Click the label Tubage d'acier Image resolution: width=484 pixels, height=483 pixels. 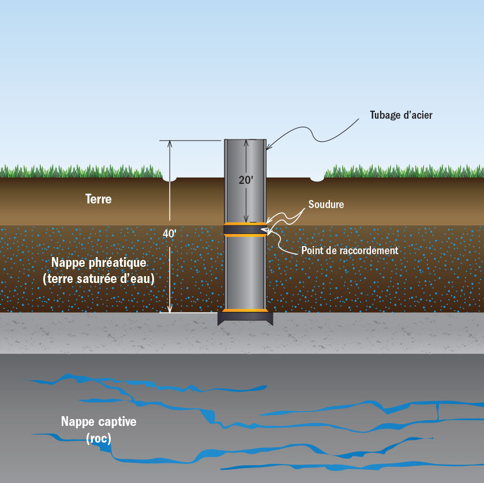click(401, 115)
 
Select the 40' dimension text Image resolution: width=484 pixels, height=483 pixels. click(170, 235)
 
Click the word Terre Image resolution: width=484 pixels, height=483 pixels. click(98, 199)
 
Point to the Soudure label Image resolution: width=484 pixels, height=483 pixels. click(326, 205)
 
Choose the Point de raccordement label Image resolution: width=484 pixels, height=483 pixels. click(350, 251)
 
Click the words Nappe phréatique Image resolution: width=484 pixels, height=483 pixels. click(99, 263)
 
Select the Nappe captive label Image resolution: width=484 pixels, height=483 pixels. click(99, 421)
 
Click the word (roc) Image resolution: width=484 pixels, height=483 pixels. click(99, 438)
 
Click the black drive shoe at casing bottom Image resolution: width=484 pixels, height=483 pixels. click(245, 318)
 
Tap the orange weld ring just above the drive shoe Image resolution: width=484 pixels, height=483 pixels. click(245, 311)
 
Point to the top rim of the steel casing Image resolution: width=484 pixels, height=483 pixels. click(245, 140)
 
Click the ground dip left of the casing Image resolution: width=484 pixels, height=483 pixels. click(170, 179)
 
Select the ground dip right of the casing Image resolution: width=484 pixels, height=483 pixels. click(317, 179)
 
